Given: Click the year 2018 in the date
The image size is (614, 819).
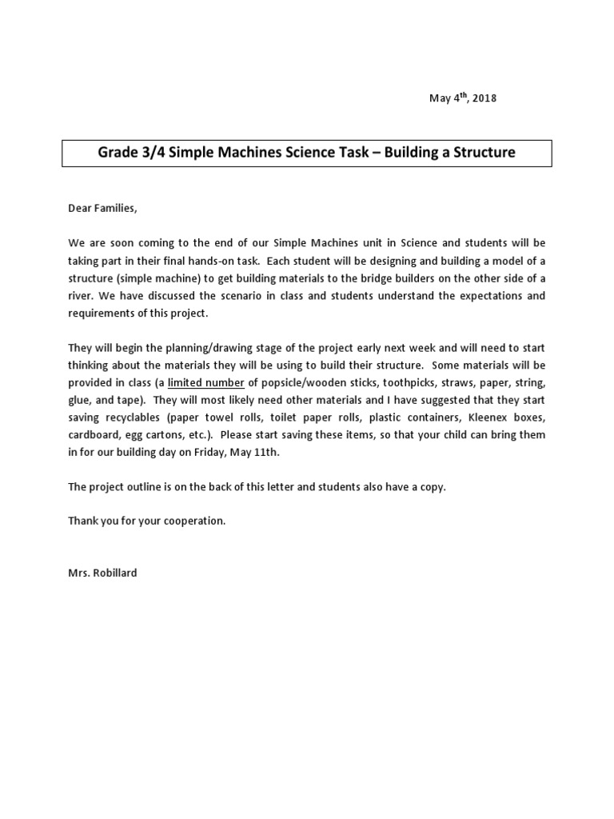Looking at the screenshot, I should (x=483, y=98).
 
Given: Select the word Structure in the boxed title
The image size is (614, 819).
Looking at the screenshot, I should (x=480, y=152).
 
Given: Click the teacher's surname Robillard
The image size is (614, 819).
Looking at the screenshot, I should (x=113, y=573).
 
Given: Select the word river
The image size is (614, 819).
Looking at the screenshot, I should (x=80, y=296).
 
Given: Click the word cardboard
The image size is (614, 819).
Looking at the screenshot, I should (x=92, y=435).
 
